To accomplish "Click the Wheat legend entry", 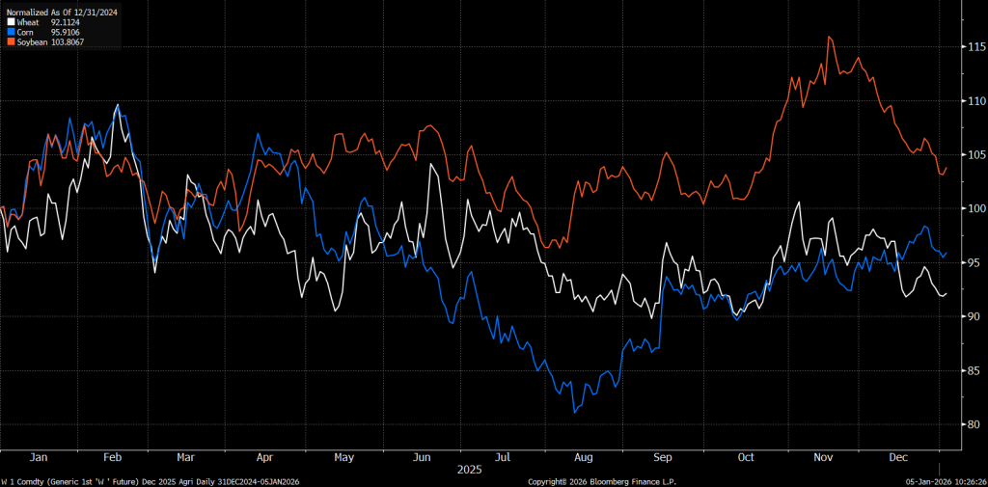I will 27,21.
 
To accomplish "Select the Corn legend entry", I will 25,32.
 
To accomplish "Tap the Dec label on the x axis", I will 899,456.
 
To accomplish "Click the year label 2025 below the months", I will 469,469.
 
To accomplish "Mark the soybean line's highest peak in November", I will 829,38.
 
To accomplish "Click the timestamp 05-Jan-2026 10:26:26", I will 944,480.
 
